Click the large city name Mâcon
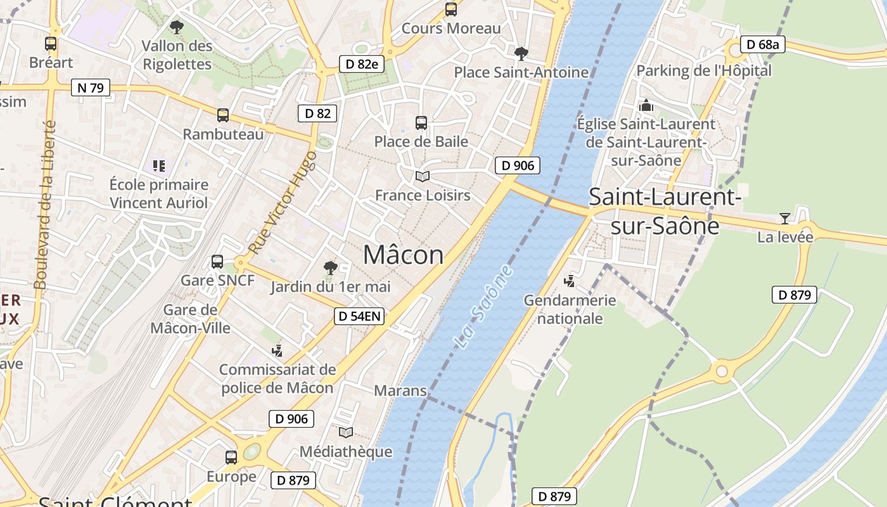404,255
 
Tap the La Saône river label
484,307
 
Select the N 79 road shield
91,87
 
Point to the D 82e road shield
362,63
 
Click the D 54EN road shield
359,316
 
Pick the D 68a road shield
763,44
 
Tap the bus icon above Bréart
51,44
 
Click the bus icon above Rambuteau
222,115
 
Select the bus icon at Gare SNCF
217,261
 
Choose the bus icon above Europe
231,457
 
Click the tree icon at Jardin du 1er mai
330,267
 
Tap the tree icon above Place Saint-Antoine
521,53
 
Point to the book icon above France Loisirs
422,176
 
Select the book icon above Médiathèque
345,433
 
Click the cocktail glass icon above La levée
785,219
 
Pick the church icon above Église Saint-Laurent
646,105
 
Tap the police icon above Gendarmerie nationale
570,281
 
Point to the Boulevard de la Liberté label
45,205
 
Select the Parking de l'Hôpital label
704,70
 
